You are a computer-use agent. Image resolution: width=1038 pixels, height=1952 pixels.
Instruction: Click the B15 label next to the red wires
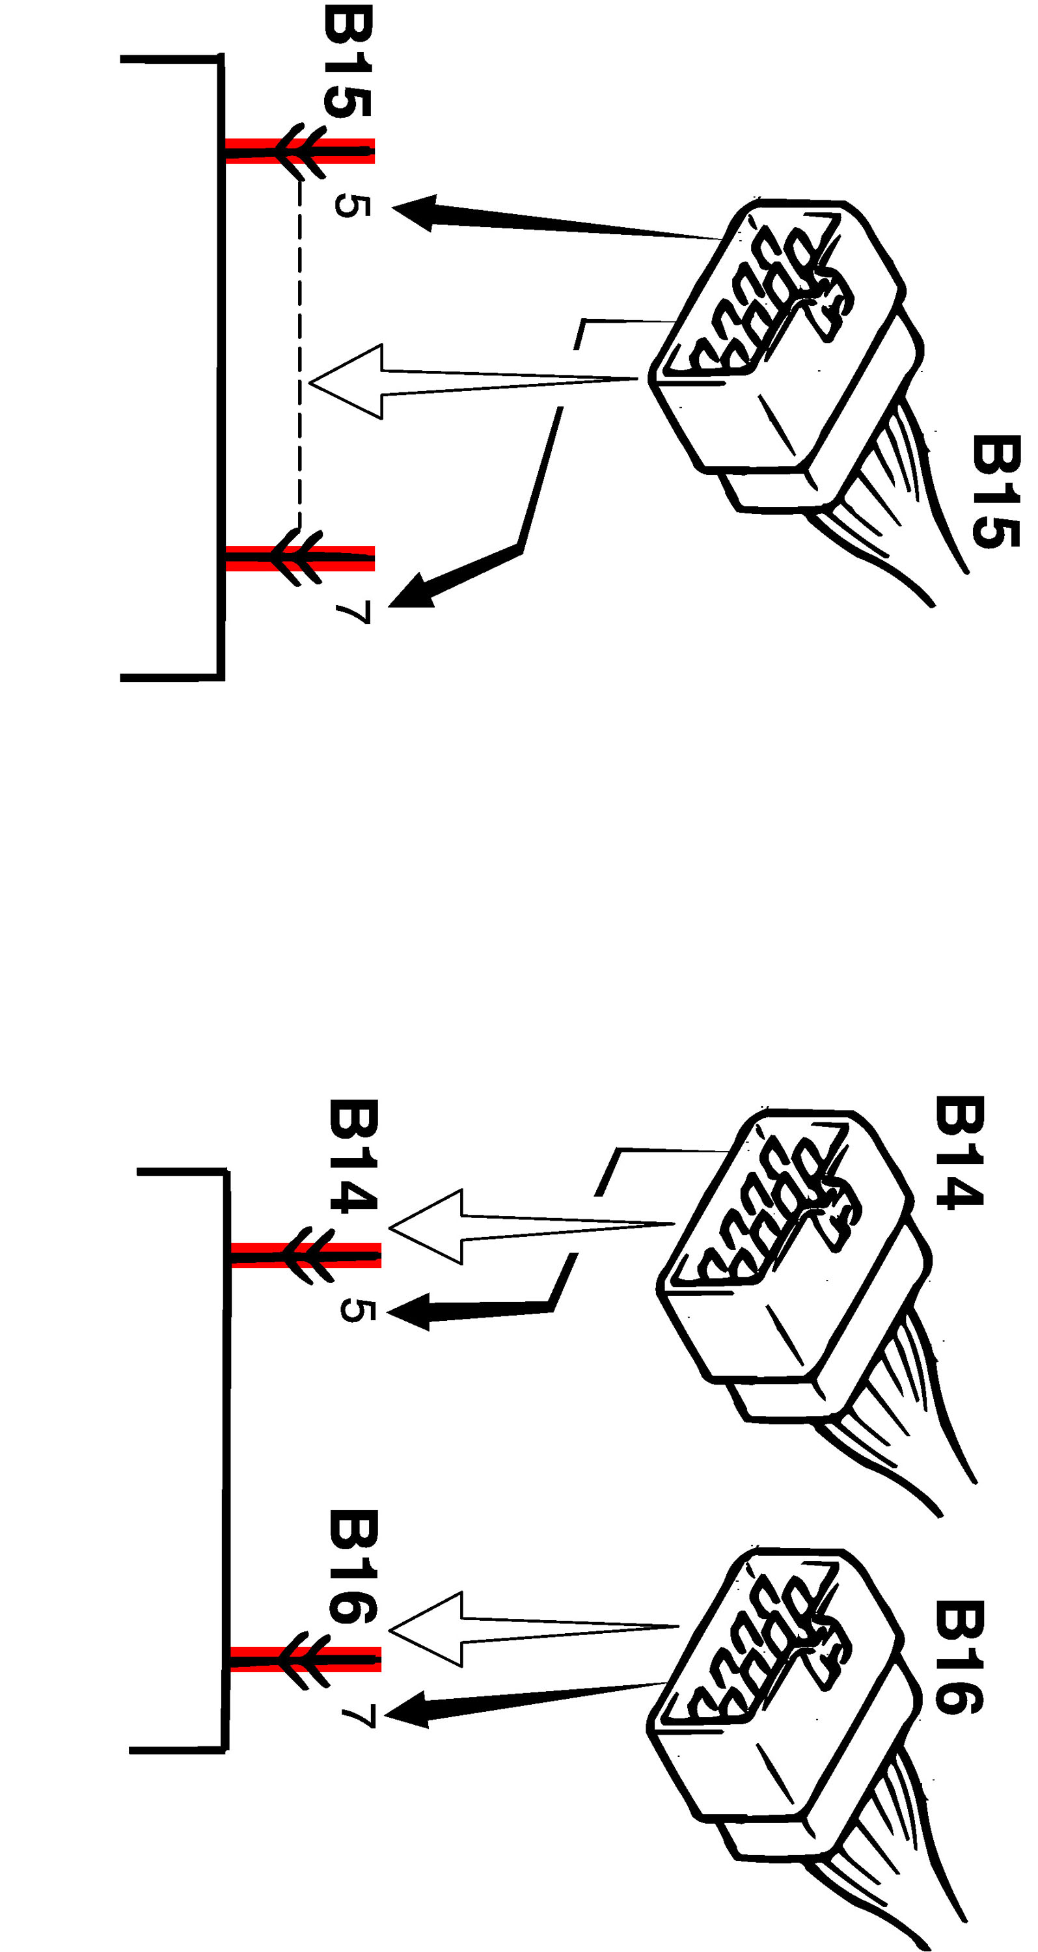(349, 61)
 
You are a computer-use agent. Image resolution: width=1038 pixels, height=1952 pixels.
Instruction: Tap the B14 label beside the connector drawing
(960, 1151)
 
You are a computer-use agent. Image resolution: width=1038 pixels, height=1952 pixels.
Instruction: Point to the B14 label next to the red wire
(354, 1156)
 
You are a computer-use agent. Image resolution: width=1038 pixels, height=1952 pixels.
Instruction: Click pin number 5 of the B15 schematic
(353, 206)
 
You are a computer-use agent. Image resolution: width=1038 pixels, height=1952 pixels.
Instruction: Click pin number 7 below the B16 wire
(359, 1716)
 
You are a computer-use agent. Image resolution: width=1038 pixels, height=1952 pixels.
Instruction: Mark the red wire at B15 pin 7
(341, 558)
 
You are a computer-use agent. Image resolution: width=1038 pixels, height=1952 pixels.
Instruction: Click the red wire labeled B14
(349, 1255)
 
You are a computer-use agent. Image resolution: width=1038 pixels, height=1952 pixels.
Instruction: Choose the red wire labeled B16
(349, 1659)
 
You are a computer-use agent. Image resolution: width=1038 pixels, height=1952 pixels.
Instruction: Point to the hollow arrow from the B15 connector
(356, 381)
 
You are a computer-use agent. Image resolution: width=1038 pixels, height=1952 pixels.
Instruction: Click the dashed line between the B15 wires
(300, 349)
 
